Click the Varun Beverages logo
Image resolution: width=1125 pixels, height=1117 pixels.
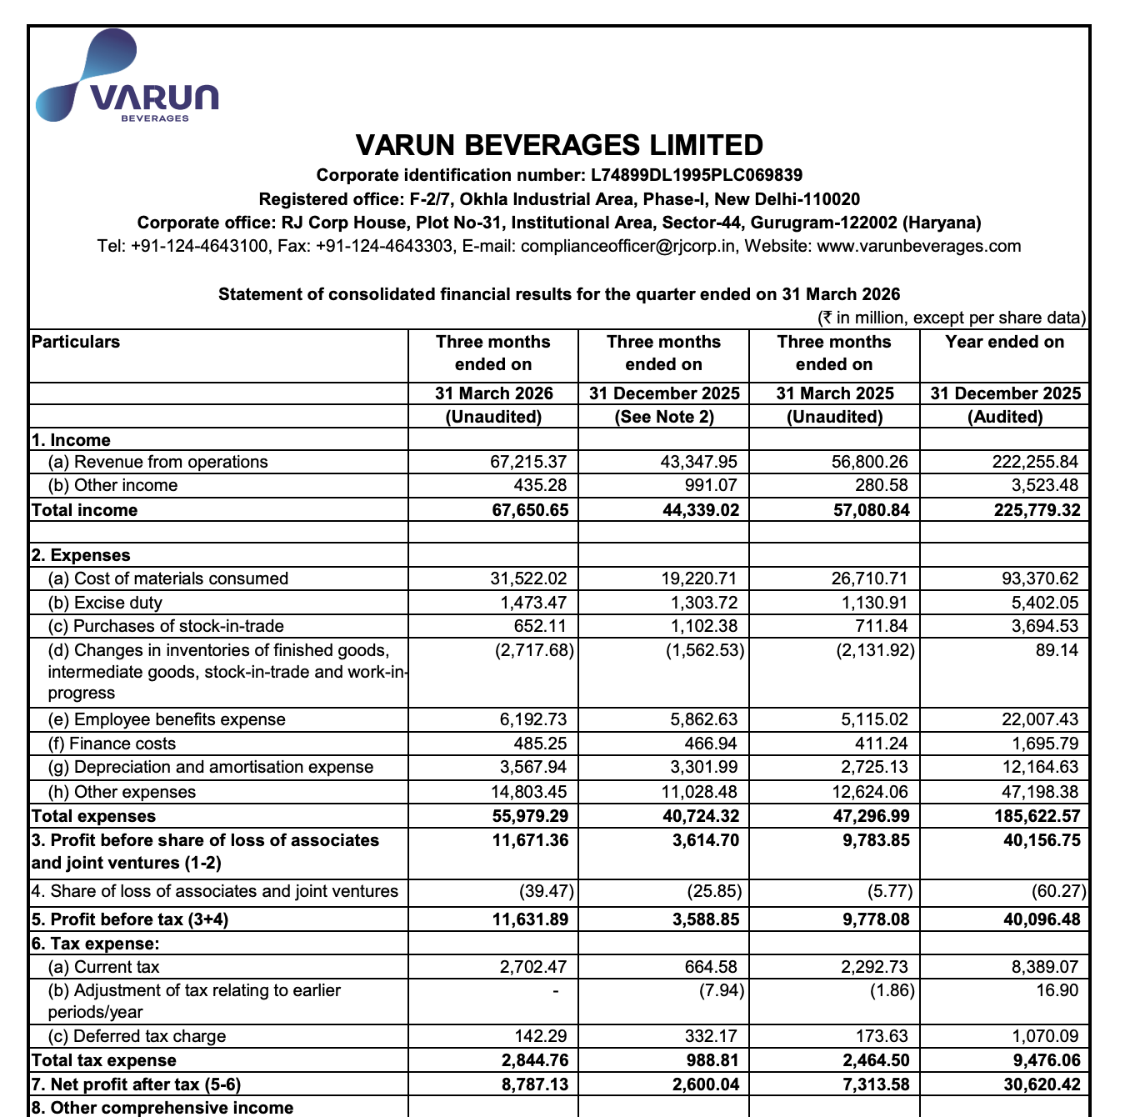pos(127,78)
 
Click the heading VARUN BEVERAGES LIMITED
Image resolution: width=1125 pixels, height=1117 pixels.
pos(559,145)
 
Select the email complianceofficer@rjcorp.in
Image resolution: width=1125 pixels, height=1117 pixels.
pos(628,246)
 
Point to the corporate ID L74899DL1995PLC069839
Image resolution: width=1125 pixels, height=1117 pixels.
pos(697,175)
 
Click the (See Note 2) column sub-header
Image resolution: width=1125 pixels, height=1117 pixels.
pos(663,417)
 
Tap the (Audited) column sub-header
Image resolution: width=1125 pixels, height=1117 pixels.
pos(1004,417)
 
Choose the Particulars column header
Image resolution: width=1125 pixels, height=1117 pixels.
pos(76,342)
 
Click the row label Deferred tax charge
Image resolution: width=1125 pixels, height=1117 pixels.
pos(149,1036)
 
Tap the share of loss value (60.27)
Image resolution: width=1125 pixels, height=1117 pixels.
pos(1058,891)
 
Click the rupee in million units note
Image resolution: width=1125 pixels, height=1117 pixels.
pos(952,318)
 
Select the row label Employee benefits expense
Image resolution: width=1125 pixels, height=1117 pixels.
pos(179,719)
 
